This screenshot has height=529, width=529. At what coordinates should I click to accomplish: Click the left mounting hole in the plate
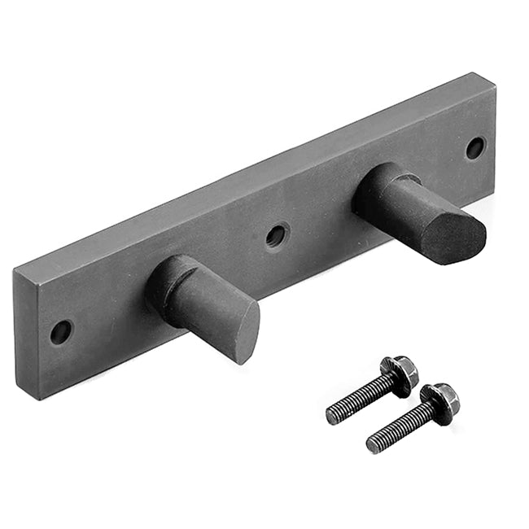click(60, 331)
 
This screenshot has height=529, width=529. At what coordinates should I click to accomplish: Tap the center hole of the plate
click(276, 235)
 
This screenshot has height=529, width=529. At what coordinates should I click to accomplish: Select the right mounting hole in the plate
click(474, 148)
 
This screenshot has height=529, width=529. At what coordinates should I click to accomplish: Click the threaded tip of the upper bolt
click(332, 416)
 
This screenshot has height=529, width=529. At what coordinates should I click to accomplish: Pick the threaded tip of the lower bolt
click(373, 444)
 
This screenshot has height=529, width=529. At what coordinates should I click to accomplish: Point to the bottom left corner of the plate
click(20, 396)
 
